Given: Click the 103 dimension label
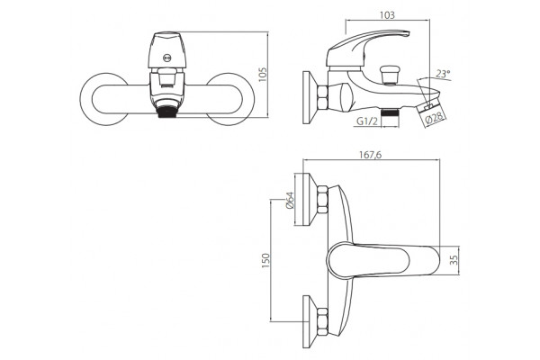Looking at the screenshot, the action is coord(387,15).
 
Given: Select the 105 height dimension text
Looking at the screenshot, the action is coord(263,75).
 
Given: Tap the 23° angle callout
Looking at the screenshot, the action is coord(443,74).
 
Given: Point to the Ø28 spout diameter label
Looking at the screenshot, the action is coord(435,118).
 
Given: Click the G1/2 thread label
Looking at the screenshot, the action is coord(367,121).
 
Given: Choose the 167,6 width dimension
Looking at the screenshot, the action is coord(371,155).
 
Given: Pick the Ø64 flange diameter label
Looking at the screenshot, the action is coord(289,200).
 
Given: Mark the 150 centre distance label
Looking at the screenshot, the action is coord(265,260).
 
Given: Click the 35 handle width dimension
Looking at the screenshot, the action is coord(454,260).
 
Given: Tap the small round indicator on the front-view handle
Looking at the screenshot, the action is coord(167,58).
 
